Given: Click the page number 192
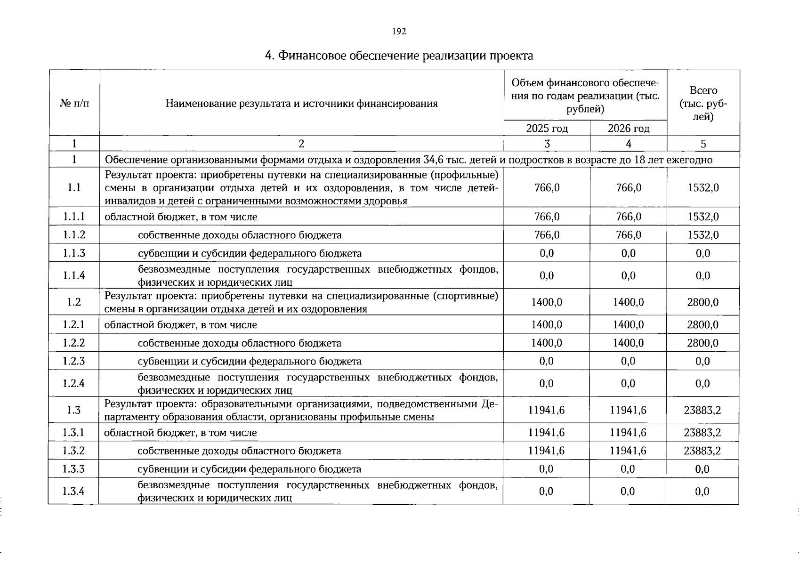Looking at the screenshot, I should click(x=399, y=32).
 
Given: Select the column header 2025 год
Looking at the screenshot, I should click(x=547, y=129).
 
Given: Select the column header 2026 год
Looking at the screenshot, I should click(x=629, y=129).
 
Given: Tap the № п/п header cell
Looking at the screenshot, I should click(x=74, y=103).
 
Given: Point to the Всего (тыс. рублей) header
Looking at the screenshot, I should click(x=703, y=103).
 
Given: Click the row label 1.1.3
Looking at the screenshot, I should click(x=74, y=253).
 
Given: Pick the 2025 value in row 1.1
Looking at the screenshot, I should click(x=547, y=188).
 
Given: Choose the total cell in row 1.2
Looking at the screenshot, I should click(x=702, y=302).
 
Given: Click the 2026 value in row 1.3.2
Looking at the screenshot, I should click(x=628, y=451).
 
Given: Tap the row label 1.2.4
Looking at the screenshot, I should click(x=74, y=383).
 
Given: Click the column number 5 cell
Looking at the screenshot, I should click(x=703, y=144).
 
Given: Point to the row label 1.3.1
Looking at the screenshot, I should click(x=74, y=433).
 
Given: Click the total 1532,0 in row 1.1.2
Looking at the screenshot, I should click(x=703, y=235).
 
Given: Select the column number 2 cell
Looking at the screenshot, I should click(x=301, y=144).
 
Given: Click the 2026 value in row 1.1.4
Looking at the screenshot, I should click(x=628, y=275).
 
